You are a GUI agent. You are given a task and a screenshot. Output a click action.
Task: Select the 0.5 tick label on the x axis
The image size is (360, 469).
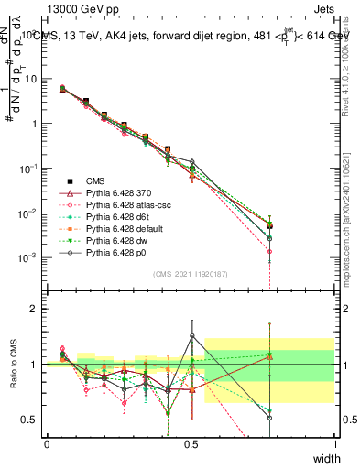pos(191,443)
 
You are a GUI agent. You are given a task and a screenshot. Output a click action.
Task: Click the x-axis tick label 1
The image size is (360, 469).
pos(334,443)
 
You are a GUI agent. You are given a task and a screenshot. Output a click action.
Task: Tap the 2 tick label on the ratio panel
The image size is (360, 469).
pos(36,309)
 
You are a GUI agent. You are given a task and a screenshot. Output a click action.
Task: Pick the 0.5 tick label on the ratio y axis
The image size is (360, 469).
pos(31,420)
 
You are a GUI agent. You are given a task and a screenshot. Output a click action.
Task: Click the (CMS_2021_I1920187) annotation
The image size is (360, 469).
pos(191,273)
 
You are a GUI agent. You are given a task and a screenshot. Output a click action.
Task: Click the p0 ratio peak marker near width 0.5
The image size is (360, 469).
pos(191,336)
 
